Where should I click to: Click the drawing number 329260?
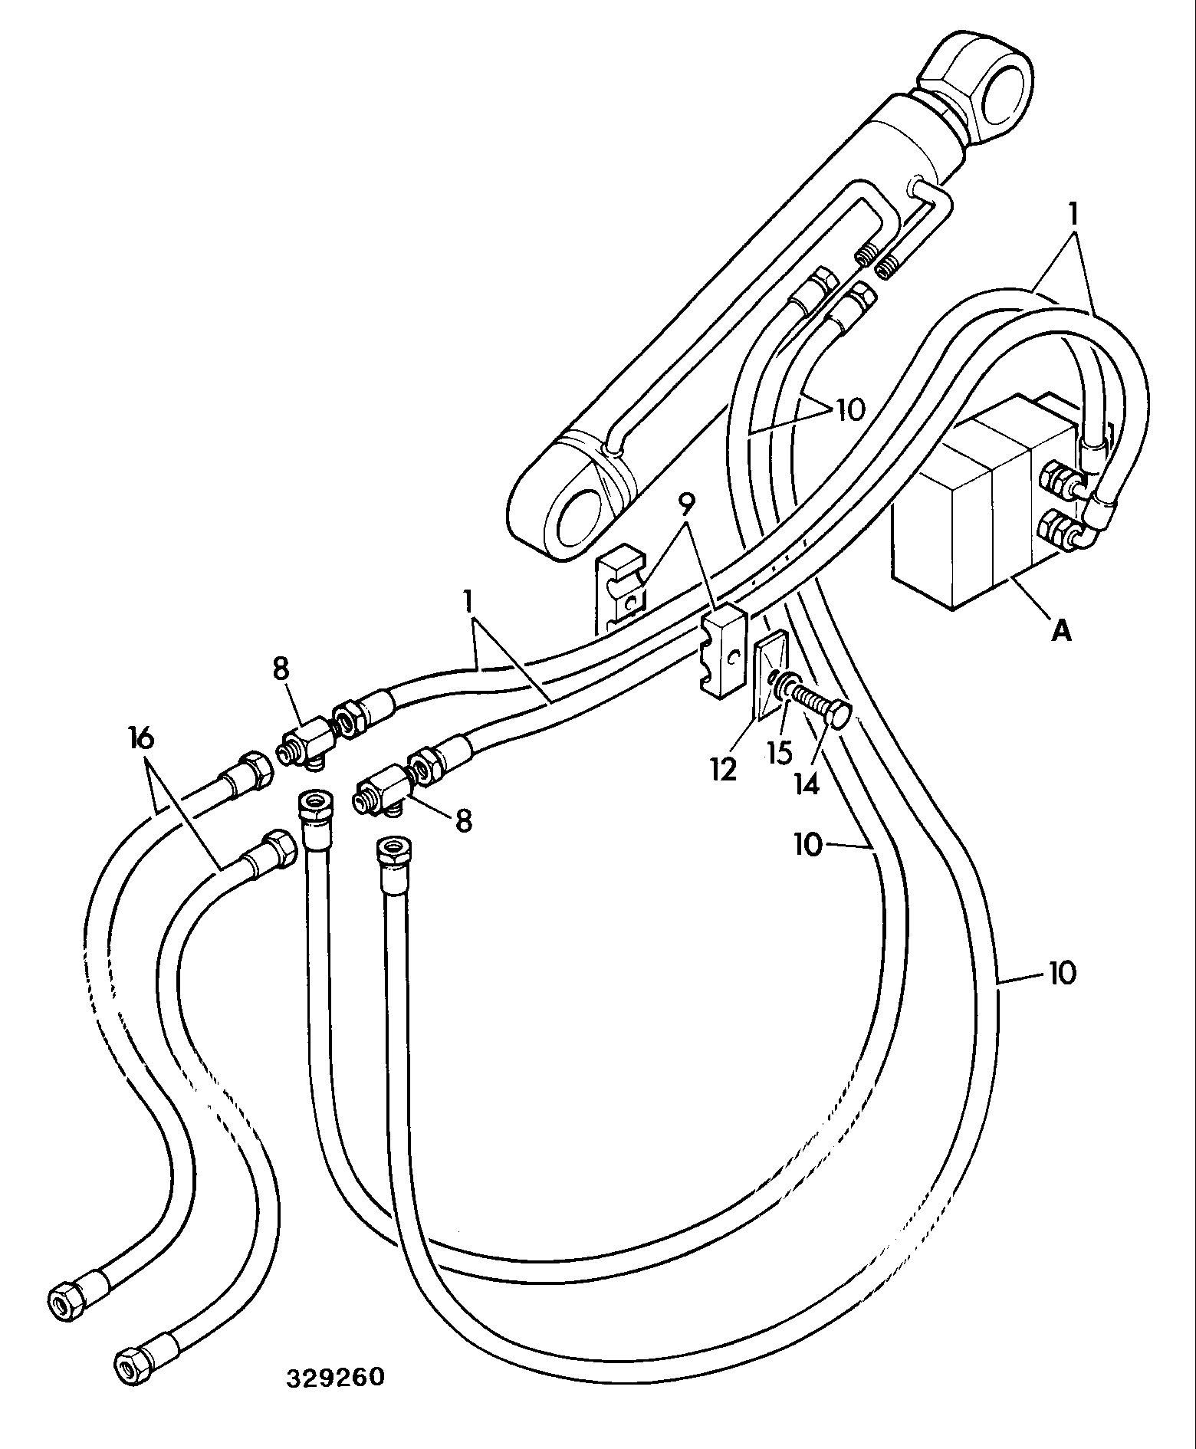pyautogui.click(x=335, y=1377)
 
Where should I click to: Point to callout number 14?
pyautogui.click(x=807, y=784)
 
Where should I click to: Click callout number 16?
pyautogui.click(x=142, y=739)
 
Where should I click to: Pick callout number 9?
pyautogui.click(x=687, y=504)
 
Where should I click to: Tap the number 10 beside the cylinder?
pyautogui.click(x=849, y=409)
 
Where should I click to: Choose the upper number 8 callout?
pyautogui.click(x=281, y=669)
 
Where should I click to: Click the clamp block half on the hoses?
pyautogui.click(x=723, y=652)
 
